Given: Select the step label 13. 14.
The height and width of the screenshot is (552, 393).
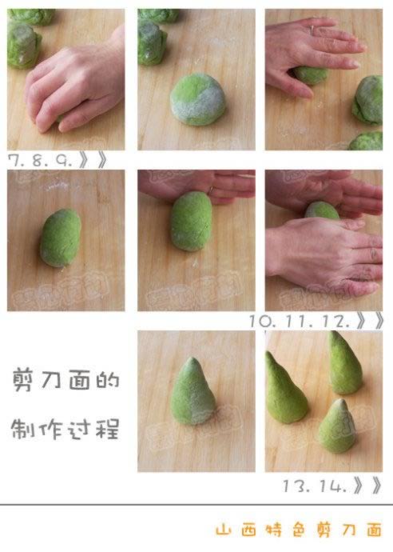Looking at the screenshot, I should click(315, 485).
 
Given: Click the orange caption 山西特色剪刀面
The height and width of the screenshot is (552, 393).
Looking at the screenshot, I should click(299, 530).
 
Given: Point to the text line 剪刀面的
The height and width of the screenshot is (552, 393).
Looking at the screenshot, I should click(65, 380).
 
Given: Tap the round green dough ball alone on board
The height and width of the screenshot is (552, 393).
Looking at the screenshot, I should click(197, 98).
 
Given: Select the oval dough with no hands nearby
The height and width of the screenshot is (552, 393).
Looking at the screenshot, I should click(60, 237).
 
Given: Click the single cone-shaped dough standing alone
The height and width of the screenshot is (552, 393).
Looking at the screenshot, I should click(193, 392).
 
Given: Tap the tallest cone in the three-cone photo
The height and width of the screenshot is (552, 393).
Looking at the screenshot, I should click(344, 363).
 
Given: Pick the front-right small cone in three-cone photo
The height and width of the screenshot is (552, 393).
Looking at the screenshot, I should click(337, 426).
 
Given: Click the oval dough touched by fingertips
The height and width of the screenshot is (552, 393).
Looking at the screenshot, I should click(192, 222).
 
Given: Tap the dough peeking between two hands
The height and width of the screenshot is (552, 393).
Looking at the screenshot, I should click(322, 210).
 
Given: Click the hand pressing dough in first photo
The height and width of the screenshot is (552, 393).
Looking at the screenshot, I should click(76, 84).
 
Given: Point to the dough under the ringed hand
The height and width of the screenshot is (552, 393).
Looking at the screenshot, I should click(311, 76).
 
